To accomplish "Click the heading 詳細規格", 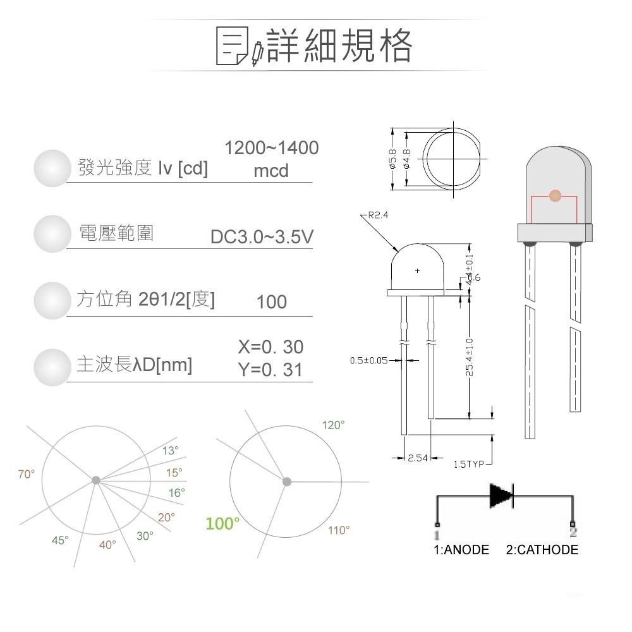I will pos(339,46).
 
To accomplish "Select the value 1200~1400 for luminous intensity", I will pos(272,148).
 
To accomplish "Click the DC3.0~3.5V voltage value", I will pos(262,237).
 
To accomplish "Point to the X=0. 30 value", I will pos(270,347).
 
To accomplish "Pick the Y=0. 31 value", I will pos(270,370).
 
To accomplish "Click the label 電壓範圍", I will pos(116,233).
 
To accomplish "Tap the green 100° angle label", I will pos(222,523).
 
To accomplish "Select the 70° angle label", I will pos(27,474).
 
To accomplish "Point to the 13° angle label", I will pos(171,451).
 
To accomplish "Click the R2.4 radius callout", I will pos(377,215).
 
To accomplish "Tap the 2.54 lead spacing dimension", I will pos(418,458).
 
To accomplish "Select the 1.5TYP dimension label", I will pos(468,465).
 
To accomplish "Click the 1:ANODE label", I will pos(461,550).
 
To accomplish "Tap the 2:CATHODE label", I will pos(542,550).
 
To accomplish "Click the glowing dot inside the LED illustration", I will pos(555,196).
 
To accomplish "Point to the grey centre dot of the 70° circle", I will pos(95,480).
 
